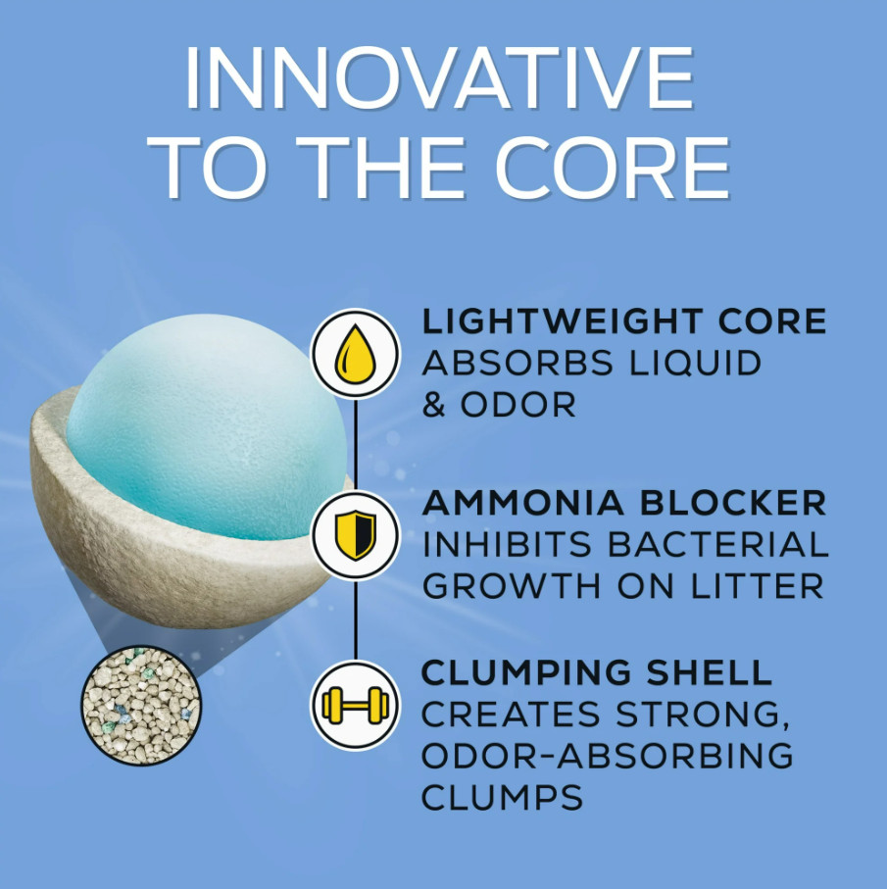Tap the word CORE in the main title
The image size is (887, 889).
tap(614, 168)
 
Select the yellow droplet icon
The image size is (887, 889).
tap(356, 354)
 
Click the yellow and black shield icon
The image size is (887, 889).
tap(356, 535)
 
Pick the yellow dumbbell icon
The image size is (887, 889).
tap(356, 706)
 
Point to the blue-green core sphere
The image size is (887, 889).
tap(207, 426)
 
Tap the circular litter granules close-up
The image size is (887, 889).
tap(141, 705)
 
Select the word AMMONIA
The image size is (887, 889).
tap(522, 503)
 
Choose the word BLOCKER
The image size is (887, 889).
tap(733, 503)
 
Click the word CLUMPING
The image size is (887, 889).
tap(526, 672)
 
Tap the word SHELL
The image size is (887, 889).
tap(709, 672)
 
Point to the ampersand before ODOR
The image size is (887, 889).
tap(433, 405)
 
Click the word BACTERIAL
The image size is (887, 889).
tap(717, 544)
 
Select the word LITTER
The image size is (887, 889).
tap(757, 586)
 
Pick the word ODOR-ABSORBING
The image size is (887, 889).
tap(607, 756)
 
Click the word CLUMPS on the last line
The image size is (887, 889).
tap(502, 797)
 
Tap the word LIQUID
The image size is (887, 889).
tap(696, 364)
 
